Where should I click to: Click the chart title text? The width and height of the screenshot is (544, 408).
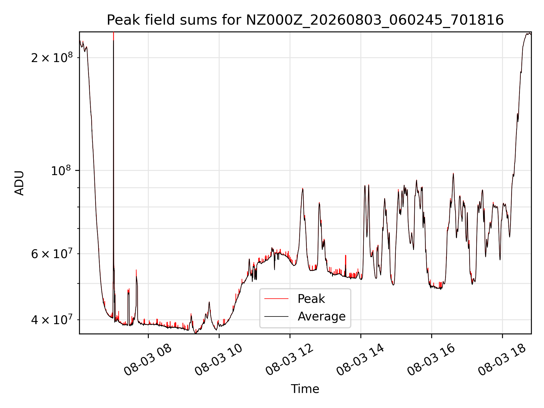coord(305,20)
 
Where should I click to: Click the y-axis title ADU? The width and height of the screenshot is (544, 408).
coord(20,183)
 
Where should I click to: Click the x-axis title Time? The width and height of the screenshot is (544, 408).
coord(305,389)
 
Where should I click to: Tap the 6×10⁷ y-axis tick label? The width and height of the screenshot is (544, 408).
coord(52,253)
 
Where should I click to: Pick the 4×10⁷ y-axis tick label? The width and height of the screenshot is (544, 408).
coord(52,319)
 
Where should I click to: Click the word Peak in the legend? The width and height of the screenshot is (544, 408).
coord(311,299)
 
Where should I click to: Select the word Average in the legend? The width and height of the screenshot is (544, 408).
coord(322,316)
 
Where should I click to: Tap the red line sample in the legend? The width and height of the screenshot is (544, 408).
coord(276,299)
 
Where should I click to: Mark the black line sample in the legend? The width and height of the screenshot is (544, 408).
coord(276,316)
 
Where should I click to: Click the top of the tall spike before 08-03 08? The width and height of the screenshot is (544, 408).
coord(113,32)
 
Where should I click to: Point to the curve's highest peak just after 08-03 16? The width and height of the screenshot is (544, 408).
coord(453,173)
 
